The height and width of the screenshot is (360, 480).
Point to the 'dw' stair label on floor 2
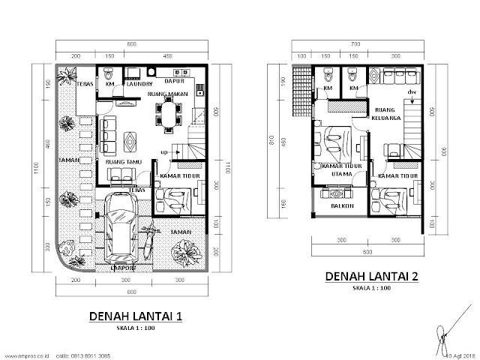(410, 92)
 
